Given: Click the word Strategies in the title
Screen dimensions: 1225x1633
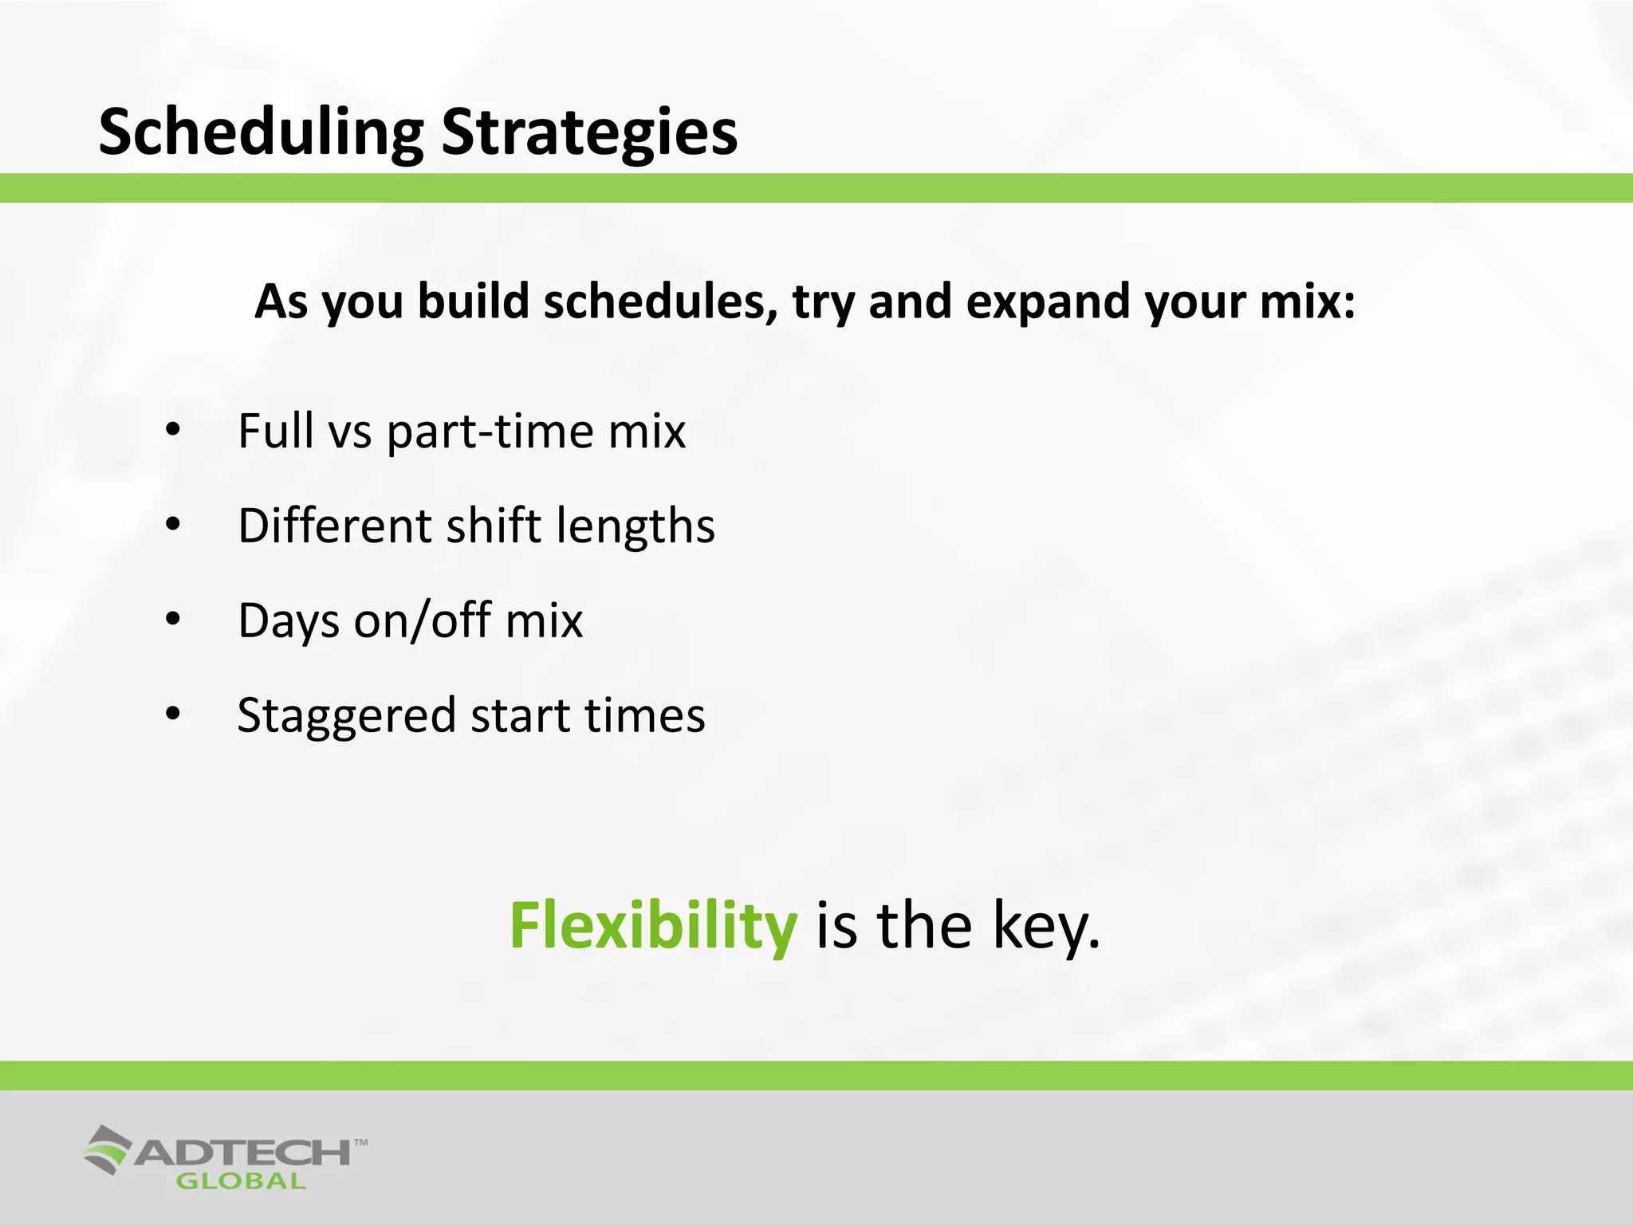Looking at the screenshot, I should pos(589,132).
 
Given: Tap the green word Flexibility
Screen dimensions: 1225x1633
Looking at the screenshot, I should pos(653,925).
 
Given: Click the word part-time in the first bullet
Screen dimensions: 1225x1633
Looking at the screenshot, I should pos(490,431).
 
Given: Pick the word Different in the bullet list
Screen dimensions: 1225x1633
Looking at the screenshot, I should pos(335,526).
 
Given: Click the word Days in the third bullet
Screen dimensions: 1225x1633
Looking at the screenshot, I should pos(289,620).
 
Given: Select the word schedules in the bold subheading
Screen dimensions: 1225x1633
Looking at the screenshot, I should pos(660,302).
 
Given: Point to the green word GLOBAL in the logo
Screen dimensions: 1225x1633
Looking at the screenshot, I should pos(241,1182).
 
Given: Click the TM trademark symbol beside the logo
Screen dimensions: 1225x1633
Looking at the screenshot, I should pos(360,1143).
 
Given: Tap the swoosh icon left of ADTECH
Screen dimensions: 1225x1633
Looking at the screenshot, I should pos(108,1149).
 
